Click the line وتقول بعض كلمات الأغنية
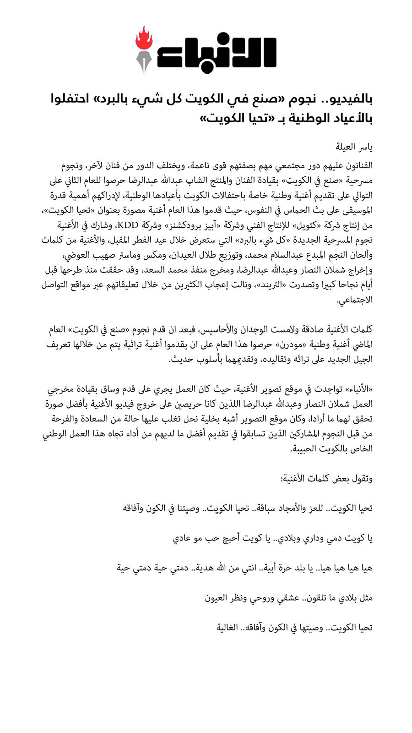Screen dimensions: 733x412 pyautogui.click(x=326, y=479)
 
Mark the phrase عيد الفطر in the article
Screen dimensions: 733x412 pyautogui.click(x=169, y=240)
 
